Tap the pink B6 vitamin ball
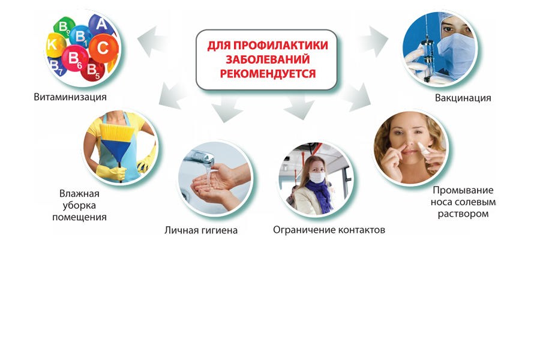(75, 58)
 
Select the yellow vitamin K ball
(55, 45)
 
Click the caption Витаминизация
(70, 97)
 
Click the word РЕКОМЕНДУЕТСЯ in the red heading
(268, 73)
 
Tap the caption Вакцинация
(463, 98)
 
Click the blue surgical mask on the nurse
(455, 52)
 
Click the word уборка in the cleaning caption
(79, 206)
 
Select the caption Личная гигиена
(201, 230)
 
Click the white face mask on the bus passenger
(317, 177)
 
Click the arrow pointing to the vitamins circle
(152, 41)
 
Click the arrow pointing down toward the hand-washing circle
(226, 108)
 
